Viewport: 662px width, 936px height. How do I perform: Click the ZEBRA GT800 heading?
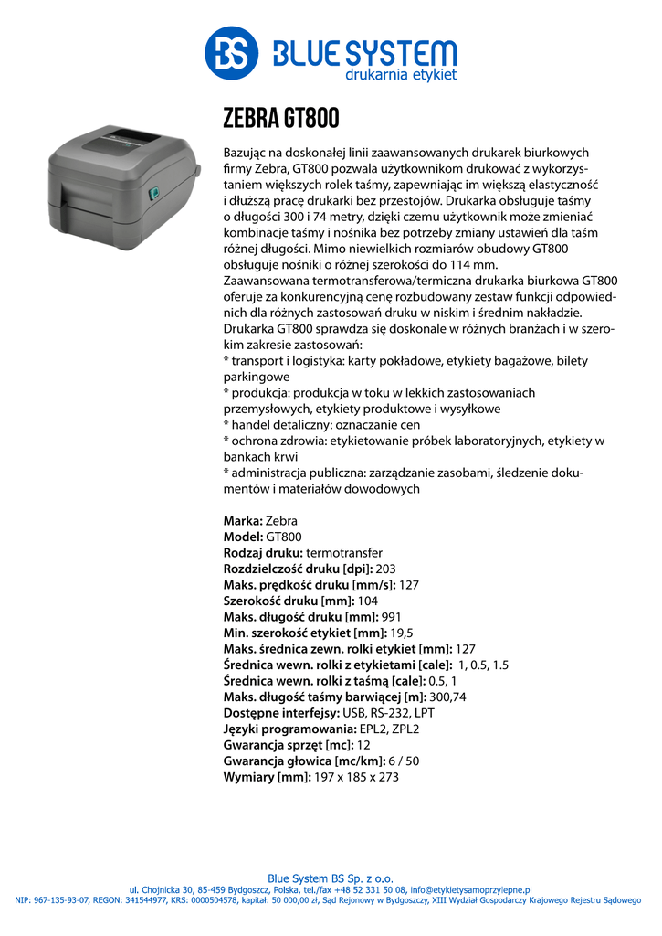(x=281, y=118)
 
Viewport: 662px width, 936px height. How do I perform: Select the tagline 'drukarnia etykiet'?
(x=400, y=74)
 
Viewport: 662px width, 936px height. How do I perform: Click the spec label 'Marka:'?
(x=243, y=520)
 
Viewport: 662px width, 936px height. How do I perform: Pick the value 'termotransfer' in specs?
(x=344, y=553)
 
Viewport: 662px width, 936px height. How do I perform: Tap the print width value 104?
(x=366, y=601)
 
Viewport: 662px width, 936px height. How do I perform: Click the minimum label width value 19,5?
(x=401, y=633)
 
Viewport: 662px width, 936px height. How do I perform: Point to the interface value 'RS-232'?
(x=391, y=713)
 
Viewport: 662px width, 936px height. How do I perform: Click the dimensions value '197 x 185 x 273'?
(x=356, y=777)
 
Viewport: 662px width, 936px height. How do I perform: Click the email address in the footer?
(x=471, y=889)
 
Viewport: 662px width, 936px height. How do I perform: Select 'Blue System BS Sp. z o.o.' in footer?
(x=331, y=878)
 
